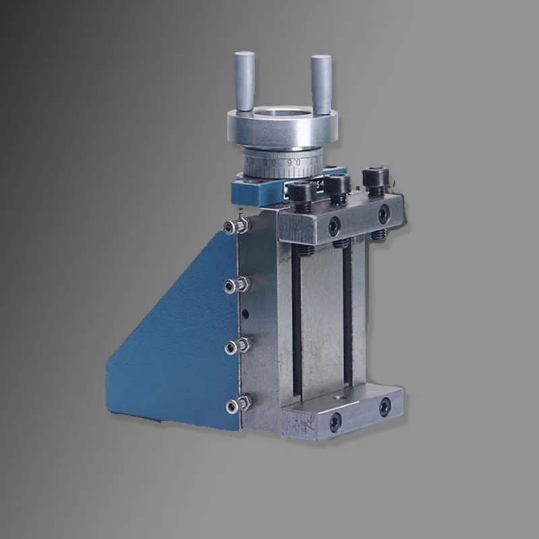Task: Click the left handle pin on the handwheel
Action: tap(244, 81)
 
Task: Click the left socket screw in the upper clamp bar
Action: tap(335, 227)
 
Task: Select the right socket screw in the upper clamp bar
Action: tap(383, 214)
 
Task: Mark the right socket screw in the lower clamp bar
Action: tap(384, 406)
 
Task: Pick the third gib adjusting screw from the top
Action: tap(233, 347)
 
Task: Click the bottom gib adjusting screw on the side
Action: tap(233, 404)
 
